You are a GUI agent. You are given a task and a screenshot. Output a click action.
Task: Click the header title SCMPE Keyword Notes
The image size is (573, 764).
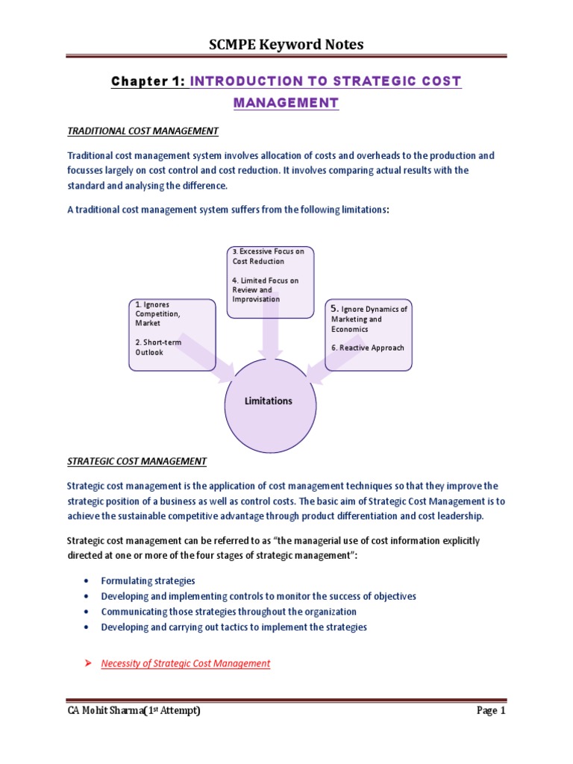286,45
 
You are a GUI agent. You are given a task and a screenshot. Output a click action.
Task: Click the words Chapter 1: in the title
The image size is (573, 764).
148,81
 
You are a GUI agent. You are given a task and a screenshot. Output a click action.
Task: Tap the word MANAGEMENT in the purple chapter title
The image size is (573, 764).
286,102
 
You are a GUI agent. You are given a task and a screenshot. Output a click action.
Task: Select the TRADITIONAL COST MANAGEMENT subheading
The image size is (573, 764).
143,131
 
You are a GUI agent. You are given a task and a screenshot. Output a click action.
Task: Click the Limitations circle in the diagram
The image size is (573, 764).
269,401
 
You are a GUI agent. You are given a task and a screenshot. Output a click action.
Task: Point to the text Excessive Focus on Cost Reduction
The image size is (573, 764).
269,257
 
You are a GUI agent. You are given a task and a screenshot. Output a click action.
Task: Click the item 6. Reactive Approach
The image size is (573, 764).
368,348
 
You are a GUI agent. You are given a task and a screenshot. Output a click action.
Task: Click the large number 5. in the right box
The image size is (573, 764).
334,308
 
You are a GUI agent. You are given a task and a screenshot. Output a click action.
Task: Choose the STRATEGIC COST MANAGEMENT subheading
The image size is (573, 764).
137,461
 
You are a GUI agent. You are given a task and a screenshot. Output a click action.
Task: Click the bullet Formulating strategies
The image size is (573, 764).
148,580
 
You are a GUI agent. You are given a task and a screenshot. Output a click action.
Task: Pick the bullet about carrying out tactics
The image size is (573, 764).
234,627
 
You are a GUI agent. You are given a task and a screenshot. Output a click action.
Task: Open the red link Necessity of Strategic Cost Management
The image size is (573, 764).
185,663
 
